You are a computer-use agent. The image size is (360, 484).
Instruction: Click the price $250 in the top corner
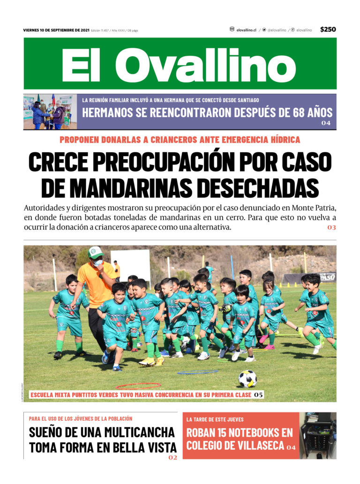(328, 29)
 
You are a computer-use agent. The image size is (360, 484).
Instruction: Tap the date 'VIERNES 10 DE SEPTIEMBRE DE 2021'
(56, 30)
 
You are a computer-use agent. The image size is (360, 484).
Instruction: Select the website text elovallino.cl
(246, 30)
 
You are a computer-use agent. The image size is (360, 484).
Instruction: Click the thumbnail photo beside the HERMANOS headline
(50, 112)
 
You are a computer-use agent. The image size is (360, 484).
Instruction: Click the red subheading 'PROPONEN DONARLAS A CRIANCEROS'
(180, 140)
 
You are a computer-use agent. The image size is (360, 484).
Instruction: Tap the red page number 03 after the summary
(331, 228)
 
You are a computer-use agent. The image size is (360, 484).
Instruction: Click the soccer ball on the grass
(247, 378)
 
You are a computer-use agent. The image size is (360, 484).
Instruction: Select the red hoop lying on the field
(138, 386)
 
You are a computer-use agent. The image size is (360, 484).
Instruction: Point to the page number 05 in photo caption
(258, 395)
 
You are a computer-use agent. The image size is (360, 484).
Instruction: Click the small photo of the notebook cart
(318, 435)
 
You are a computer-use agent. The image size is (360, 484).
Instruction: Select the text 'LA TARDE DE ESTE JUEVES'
(215, 419)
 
